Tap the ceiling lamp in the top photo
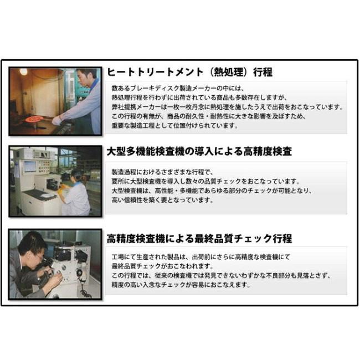click(x=23, y=72)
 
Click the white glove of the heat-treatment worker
click(x=56, y=120)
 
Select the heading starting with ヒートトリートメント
click(x=189, y=73)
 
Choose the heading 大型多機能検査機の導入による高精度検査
click(x=199, y=151)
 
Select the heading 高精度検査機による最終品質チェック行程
click(x=199, y=239)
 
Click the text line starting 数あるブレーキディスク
click(x=178, y=88)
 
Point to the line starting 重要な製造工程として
click(x=174, y=126)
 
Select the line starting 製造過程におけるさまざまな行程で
click(x=166, y=172)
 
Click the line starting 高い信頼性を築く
click(x=162, y=200)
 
